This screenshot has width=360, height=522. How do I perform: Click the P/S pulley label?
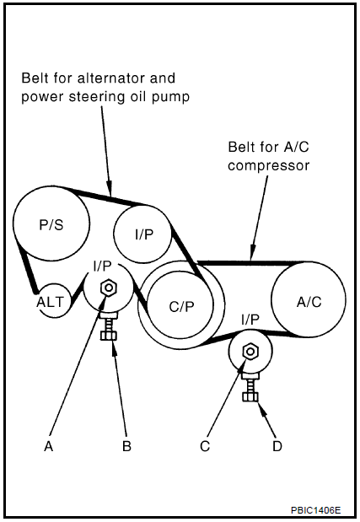pyautogui.click(x=51, y=225)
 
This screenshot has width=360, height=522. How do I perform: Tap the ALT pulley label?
pyautogui.click(x=50, y=302)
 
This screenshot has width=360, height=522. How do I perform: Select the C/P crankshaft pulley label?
pyautogui.click(x=181, y=307)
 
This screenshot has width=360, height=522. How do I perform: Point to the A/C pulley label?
pyautogui.click(x=309, y=302)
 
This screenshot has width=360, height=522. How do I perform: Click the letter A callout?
pyautogui.click(x=49, y=446)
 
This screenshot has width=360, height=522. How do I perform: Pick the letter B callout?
pyautogui.click(x=126, y=446)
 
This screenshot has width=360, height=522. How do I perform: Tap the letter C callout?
pyautogui.click(x=205, y=446)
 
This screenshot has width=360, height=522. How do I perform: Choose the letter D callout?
pyautogui.click(x=277, y=446)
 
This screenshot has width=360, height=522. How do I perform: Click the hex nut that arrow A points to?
pyautogui.click(x=109, y=288)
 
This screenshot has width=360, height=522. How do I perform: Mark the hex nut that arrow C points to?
pyautogui.click(x=250, y=352)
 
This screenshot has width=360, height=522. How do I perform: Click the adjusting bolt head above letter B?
pyautogui.click(x=109, y=336)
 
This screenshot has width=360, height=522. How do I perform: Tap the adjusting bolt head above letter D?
pyautogui.click(x=250, y=397)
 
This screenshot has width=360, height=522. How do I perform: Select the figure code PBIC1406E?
pyautogui.click(x=316, y=510)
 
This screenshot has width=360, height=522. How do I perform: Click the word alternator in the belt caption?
pyautogui.click(x=111, y=78)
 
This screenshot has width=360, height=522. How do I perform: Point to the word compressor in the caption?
pyautogui.click(x=268, y=166)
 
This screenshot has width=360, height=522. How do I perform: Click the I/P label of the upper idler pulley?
pyautogui.click(x=144, y=234)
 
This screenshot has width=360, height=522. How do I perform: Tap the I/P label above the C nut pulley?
pyautogui.click(x=250, y=320)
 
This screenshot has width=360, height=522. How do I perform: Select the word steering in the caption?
pyautogui.click(x=92, y=97)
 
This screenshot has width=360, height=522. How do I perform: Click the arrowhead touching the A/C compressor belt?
pyautogui.click(x=253, y=252)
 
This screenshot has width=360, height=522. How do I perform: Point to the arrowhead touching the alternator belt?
pyautogui.click(x=109, y=188)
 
